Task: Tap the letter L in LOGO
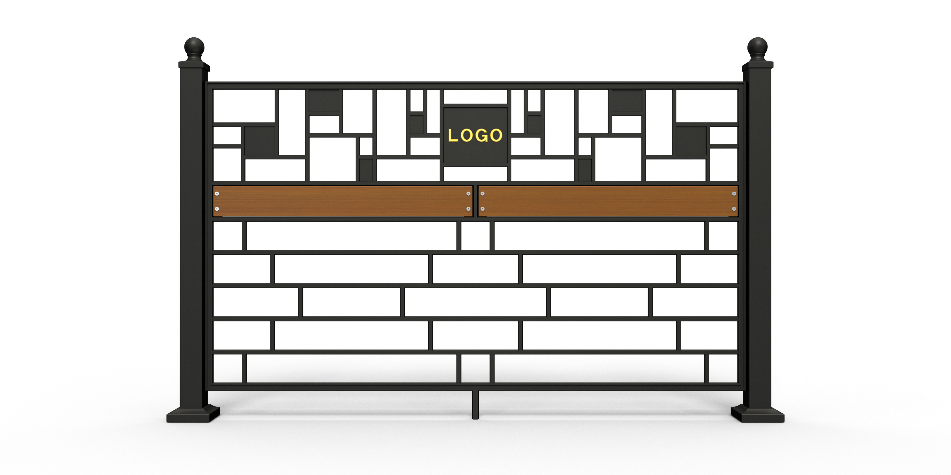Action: (x=452, y=135)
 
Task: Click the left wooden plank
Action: (x=343, y=201)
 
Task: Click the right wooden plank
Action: (x=608, y=201)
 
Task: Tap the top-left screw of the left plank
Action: (x=217, y=193)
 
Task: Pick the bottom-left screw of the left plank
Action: (x=217, y=209)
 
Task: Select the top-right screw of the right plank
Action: (x=734, y=193)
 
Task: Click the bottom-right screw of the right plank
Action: (x=734, y=209)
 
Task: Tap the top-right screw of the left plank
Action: (x=469, y=193)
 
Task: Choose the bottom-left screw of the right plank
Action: (x=482, y=209)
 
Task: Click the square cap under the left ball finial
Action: (x=194, y=65)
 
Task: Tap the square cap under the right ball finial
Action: (x=758, y=65)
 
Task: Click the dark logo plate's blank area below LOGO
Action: (x=475, y=154)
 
